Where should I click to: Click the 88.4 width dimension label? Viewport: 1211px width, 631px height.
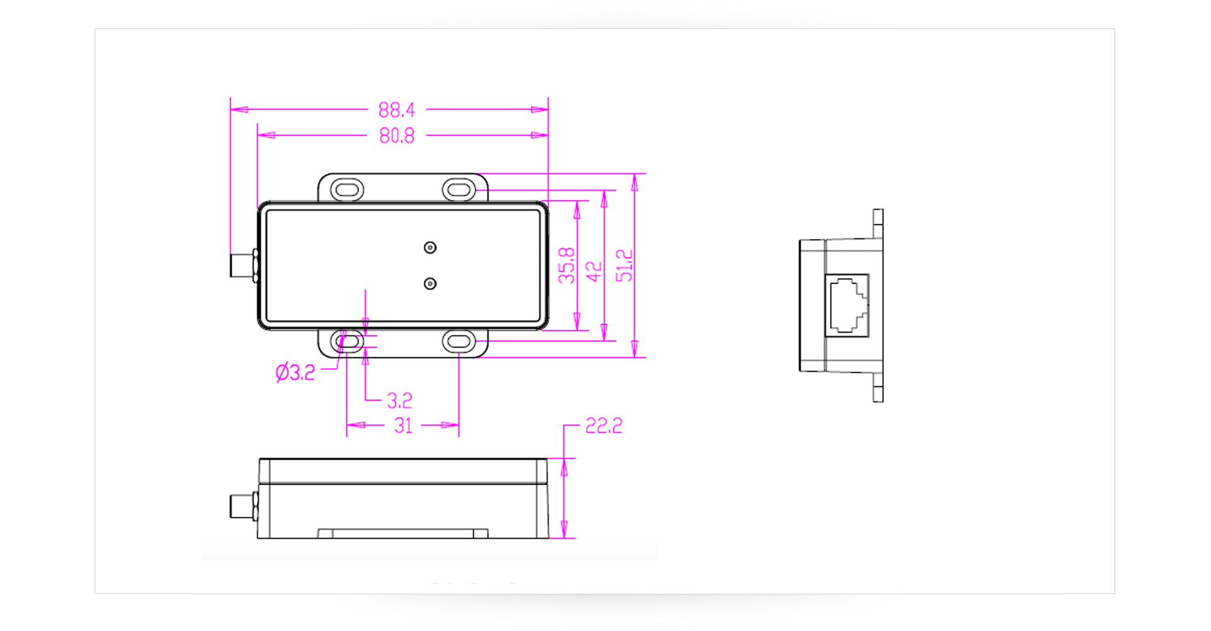pos(397,110)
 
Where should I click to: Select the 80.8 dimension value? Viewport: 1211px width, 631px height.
pos(397,136)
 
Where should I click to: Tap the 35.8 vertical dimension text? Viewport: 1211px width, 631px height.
pos(566,265)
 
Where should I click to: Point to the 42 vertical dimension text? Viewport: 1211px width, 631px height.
pos(594,271)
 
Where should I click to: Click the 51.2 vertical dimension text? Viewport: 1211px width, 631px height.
pos(624,265)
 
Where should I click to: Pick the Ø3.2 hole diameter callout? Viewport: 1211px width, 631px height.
pos(295,372)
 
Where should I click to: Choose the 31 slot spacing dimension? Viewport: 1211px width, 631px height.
pos(403,426)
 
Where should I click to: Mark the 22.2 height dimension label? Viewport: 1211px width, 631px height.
pos(604,426)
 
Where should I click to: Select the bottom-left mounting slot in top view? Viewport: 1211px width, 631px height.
pos(349,342)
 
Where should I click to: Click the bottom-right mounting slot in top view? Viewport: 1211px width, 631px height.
pos(459,342)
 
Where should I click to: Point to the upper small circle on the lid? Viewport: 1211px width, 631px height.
pos(430,247)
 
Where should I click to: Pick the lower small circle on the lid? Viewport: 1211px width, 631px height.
pos(430,284)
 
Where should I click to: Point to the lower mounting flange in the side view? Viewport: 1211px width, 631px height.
pos(878,387)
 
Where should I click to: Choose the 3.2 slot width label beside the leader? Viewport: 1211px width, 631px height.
pos(399,401)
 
